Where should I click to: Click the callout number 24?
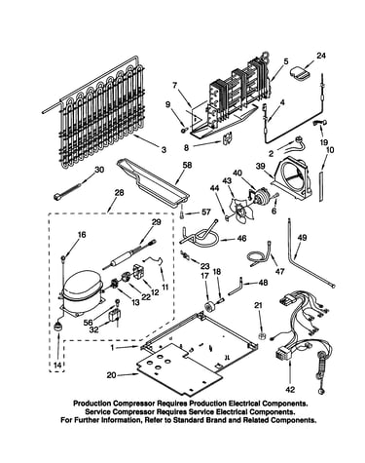(x=320, y=56)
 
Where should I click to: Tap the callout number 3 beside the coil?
(x=164, y=149)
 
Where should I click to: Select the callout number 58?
(x=187, y=165)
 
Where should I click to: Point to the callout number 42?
(x=290, y=389)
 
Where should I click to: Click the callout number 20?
(x=111, y=375)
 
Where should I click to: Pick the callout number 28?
(x=119, y=192)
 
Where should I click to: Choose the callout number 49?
(x=302, y=238)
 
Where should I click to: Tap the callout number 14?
(x=57, y=365)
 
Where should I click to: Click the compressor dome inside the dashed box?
(x=82, y=285)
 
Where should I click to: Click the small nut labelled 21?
(x=262, y=335)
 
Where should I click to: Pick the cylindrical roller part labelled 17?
(x=207, y=306)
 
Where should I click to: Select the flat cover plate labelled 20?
(x=179, y=367)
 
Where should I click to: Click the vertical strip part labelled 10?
(x=321, y=187)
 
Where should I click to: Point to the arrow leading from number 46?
(x=227, y=240)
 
